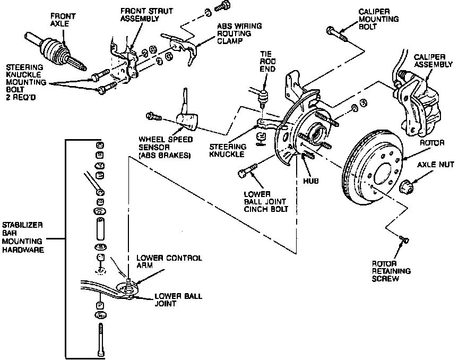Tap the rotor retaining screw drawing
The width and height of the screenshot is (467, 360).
pyautogui.click(x=404, y=239)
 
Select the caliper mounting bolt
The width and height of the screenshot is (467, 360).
pyautogui.click(x=337, y=35)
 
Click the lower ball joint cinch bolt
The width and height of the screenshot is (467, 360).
pyautogui.click(x=248, y=171)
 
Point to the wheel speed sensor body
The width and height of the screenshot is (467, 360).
pyautogui.click(x=187, y=121)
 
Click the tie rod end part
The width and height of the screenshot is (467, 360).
pyautogui.click(x=263, y=98)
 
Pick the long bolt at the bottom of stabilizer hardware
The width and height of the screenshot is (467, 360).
pyautogui.click(x=101, y=339)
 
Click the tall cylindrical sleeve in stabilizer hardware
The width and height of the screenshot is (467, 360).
pyautogui.click(x=100, y=228)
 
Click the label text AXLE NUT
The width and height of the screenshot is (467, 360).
pyautogui.click(x=435, y=165)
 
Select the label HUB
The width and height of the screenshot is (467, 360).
pyautogui.click(x=310, y=181)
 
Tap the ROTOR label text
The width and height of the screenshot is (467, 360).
pyautogui.click(x=432, y=143)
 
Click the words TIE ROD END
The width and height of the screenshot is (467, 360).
pyautogui.click(x=267, y=62)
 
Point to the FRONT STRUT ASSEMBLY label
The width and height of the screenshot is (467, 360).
pyautogui.click(x=146, y=15)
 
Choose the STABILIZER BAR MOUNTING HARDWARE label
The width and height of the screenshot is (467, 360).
pyautogui.click(x=22, y=237)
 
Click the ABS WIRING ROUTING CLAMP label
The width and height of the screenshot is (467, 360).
pyautogui.click(x=239, y=33)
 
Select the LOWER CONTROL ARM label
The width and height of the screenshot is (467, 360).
pyautogui.click(x=169, y=261)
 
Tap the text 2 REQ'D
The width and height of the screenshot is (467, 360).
pyautogui.click(x=21, y=97)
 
